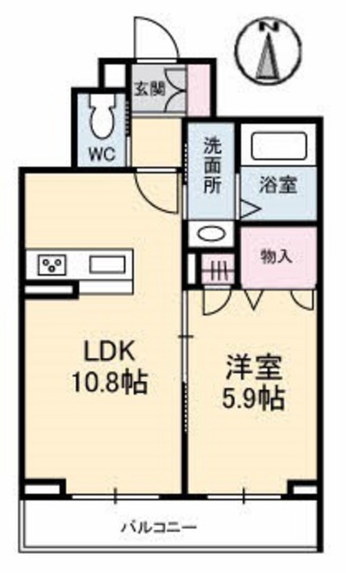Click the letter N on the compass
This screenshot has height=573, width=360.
[269, 27]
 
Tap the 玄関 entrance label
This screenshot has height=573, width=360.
[149, 89]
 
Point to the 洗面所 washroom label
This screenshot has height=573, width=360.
[212, 166]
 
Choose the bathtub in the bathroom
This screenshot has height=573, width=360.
[278, 146]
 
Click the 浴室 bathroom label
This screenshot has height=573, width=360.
[278, 185]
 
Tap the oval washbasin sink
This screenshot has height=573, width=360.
[211, 233]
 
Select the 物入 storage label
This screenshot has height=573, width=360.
[277, 257]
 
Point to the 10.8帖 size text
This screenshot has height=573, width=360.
[110, 382]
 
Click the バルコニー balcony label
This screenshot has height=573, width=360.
[160, 527]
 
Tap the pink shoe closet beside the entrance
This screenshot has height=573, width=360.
[199, 90]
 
